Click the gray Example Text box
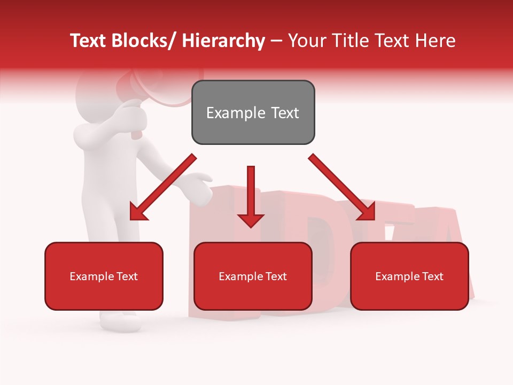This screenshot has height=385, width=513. click(253, 112)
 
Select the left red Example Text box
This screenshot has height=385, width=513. click(104, 276)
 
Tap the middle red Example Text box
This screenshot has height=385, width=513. click(253, 276)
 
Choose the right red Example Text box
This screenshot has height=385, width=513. click(409, 276)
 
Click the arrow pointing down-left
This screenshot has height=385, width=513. click(163, 187)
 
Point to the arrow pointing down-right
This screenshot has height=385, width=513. click(342, 187)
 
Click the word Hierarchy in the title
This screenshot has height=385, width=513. click(223, 41)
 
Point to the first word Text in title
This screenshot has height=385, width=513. click(89, 41)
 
